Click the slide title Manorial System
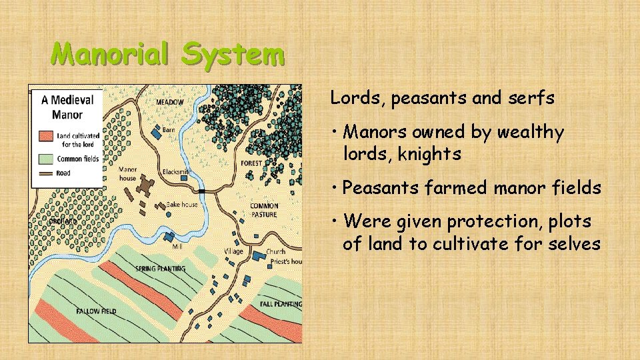click(x=168, y=54)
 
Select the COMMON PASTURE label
click(x=264, y=210)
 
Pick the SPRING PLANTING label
click(x=155, y=269)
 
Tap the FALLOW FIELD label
click(x=97, y=311)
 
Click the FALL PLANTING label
click(x=280, y=304)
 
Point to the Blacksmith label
click(x=177, y=171)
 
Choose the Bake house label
click(x=182, y=205)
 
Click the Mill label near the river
click(x=177, y=246)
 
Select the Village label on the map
click(x=233, y=251)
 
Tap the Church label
click(x=275, y=251)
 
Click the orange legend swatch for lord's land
click(x=45, y=136)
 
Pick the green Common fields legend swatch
click(x=45, y=159)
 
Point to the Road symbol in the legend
click(x=45, y=173)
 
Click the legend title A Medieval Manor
click(x=67, y=107)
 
